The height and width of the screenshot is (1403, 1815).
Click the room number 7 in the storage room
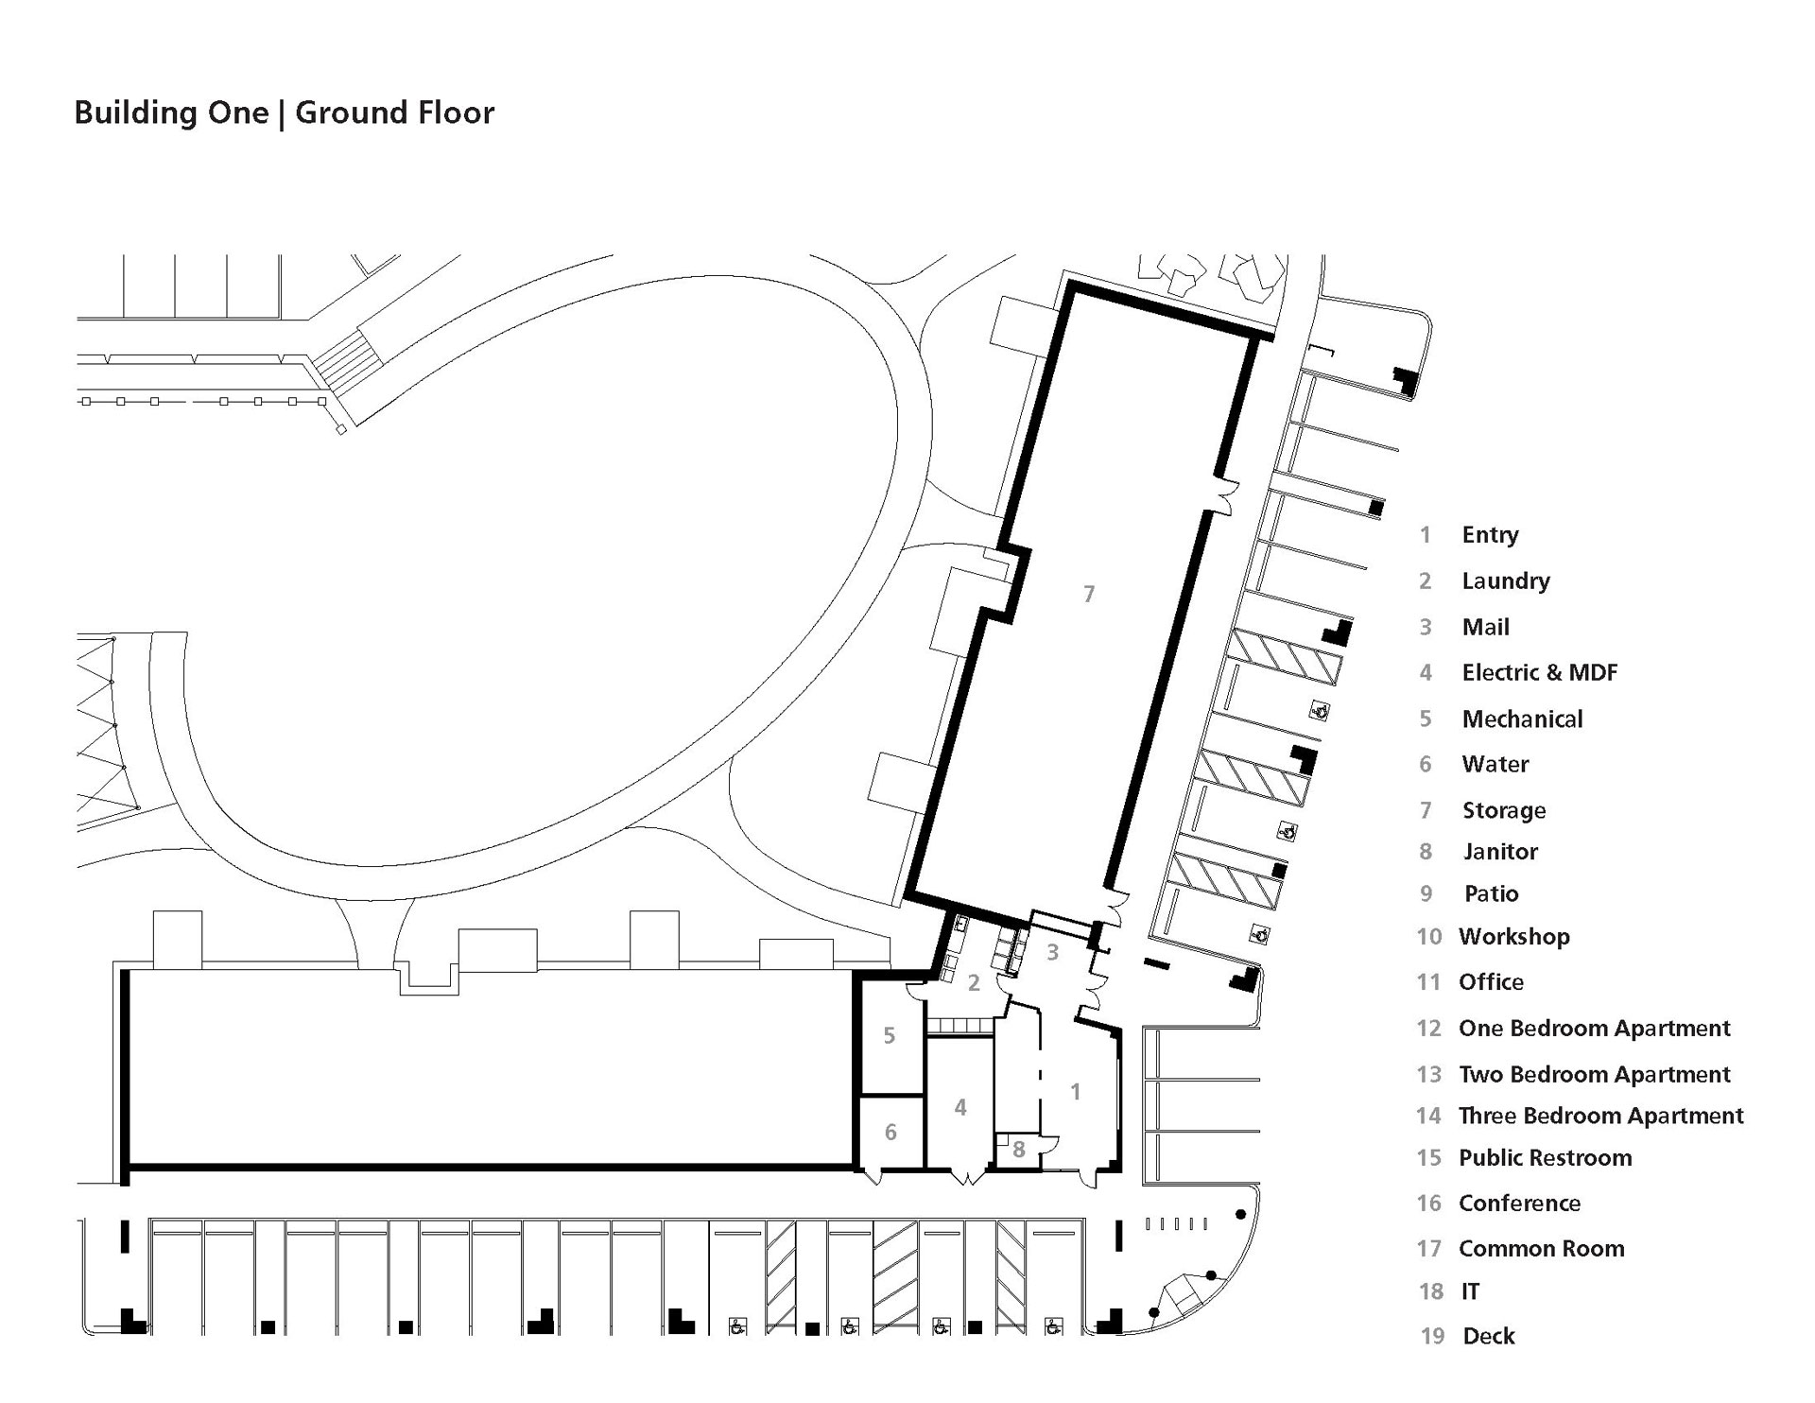[1089, 594]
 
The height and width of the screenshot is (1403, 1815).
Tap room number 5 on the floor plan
[890, 1035]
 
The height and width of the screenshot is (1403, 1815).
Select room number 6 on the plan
[890, 1132]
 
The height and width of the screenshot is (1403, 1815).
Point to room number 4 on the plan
[960, 1107]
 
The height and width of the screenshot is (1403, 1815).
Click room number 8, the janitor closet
[1019, 1151]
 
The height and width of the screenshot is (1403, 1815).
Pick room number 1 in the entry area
[1075, 1092]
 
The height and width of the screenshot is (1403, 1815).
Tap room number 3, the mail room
[1052, 952]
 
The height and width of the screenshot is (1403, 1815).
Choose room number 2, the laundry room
[974, 983]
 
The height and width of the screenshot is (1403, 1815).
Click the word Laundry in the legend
[1506, 581]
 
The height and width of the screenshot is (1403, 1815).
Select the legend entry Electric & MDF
[1540, 672]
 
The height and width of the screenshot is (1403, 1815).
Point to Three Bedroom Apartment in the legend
[1601, 1116]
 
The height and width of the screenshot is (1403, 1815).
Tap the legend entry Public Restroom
[1546, 1158]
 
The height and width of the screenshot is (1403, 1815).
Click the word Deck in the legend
[1489, 1336]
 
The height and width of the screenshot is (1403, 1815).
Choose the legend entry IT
[1470, 1291]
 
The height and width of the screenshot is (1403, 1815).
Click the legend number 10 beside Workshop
[1428, 937]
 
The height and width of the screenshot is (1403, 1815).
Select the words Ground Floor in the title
[395, 113]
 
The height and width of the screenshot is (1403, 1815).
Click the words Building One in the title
[171, 113]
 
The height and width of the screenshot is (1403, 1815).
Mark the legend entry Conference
[1520, 1204]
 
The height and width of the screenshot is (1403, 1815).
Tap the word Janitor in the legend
[1501, 852]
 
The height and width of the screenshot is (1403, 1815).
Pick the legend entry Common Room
[1542, 1249]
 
